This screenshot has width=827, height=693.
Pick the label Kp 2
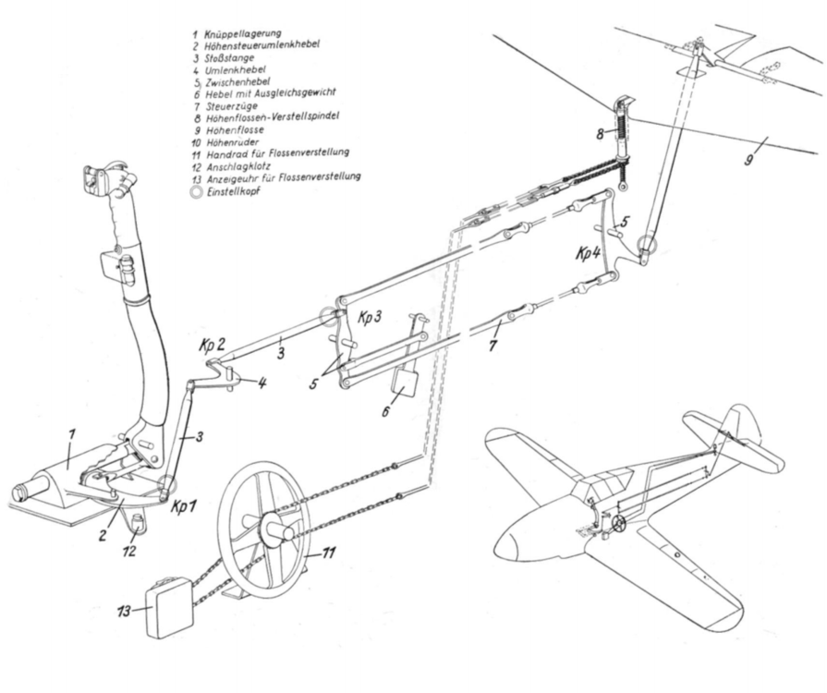tap(211, 341)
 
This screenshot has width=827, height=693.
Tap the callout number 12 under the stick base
tap(132, 552)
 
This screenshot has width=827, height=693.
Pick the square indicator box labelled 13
tap(169, 606)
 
